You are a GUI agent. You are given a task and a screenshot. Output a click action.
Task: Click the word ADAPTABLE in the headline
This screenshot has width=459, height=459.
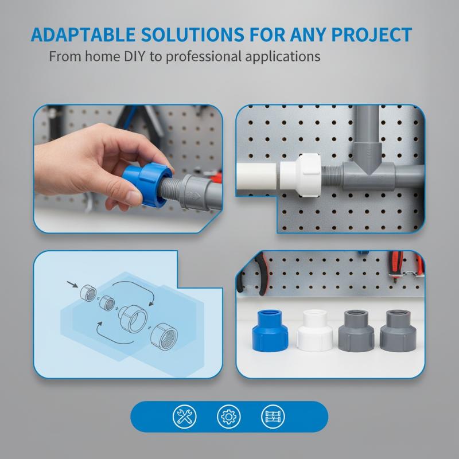(83, 34)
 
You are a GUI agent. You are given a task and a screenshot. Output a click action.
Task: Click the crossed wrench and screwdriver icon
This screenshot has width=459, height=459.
(184, 417)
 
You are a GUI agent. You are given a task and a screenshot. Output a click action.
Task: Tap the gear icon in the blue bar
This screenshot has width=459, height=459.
(228, 417)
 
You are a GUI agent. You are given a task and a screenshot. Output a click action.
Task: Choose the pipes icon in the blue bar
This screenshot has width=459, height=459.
(273, 417)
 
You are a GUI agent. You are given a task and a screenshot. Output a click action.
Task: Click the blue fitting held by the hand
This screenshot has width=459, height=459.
(147, 184)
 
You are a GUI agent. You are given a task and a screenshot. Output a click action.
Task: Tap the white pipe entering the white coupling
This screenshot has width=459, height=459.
(256, 176)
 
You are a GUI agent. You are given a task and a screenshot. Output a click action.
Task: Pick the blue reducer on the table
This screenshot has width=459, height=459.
(270, 330)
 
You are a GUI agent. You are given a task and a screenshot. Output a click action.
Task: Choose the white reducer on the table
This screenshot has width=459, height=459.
(314, 330)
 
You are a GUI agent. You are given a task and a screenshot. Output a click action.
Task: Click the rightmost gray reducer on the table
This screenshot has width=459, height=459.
(398, 331)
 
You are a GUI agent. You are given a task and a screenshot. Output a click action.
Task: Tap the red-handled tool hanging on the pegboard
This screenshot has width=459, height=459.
(396, 266)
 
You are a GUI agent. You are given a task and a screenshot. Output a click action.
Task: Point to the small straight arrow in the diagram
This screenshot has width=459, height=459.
(72, 284)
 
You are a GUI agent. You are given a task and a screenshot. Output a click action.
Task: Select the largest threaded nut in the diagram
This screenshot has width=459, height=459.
(164, 337)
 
